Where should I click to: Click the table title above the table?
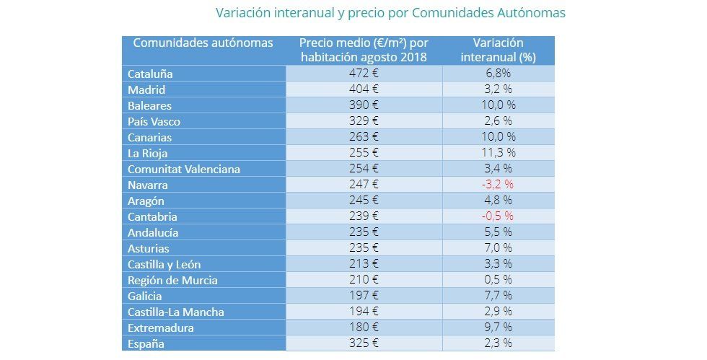pos(390,13)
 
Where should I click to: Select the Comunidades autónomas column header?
pos(203,43)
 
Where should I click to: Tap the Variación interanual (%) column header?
pos(498,50)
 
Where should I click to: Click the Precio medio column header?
pos(364,50)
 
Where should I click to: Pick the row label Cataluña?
pos(150,74)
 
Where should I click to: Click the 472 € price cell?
pos(364,74)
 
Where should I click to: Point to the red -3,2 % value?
pos(498,185)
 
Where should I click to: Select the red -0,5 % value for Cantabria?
pos(498,216)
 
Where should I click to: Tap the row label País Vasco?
pos(154,121)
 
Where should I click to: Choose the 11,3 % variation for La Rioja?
pos(498,153)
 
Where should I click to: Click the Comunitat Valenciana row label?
pos(183,169)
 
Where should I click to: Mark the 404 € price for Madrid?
pos(364,89)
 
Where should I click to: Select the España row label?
pos(146,343)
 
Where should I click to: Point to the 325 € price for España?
pos(364,343)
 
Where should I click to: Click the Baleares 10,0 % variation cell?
pos(498,105)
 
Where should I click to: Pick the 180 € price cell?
pos(364,328)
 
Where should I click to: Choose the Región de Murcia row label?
pos(172,280)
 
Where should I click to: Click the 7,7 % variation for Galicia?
pos(498,296)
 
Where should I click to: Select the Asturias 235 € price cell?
pos(364,248)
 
